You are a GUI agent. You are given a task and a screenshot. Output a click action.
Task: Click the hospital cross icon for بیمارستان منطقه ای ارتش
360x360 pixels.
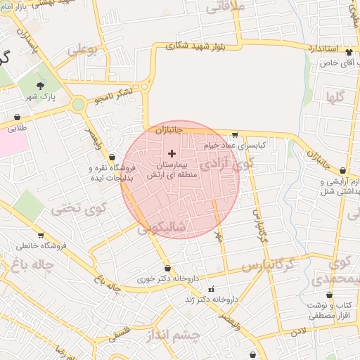point(172,153)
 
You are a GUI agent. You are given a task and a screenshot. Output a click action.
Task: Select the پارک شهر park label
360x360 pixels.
point(41,96)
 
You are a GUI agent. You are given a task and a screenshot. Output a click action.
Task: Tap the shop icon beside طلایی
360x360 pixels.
point(18,117)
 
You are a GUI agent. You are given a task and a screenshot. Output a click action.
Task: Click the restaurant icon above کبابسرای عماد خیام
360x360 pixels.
point(234,134)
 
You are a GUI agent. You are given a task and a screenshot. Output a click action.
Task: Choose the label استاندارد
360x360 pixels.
point(323,49)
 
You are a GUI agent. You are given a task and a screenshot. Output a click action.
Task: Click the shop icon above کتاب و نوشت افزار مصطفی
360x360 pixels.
point(309,294)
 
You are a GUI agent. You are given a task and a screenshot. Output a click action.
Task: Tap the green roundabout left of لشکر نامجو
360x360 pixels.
point(77,105)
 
